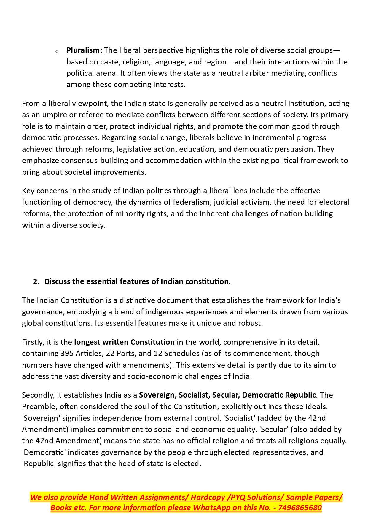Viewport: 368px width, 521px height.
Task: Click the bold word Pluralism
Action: [x=84, y=50]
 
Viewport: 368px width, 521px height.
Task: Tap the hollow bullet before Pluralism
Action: [x=57, y=52]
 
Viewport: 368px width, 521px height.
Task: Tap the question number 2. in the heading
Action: [x=36, y=281]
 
